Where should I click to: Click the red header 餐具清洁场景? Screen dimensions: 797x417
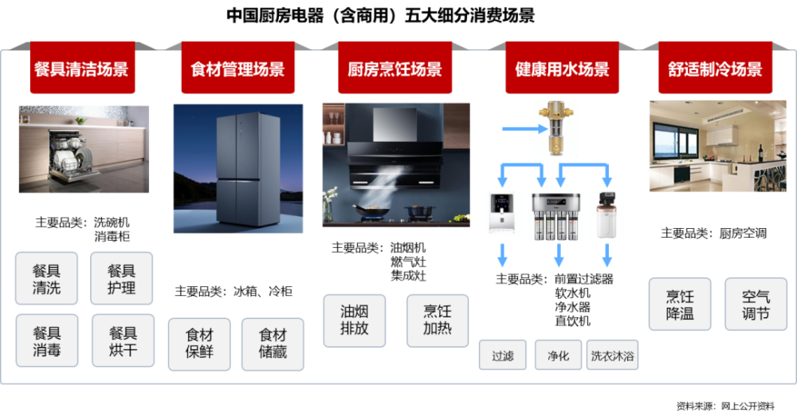pyautogui.click(x=82, y=68)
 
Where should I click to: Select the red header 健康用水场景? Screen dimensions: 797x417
pyautogui.click(x=562, y=68)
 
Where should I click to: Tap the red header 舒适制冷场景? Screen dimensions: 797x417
pyautogui.click(x=715, y=68)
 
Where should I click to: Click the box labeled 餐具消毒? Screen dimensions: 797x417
pyautogui.click(x=47, y=340)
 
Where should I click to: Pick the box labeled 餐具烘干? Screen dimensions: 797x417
pyautogui.click(x=123, y=340)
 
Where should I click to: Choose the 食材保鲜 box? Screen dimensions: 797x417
pyautogui.click(x=199, y=344)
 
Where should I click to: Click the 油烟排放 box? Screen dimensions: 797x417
pyautogui.click(x=355, y=321)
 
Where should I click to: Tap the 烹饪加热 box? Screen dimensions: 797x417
pyautogui.click(x=437, y=321)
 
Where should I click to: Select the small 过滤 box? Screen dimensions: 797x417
pyautogui.click(x=502, y=355)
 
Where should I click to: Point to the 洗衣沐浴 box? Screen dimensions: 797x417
pyautogui.click(x=612, y=355)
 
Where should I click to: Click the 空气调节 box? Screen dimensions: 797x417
pyautogui.click(x=756, y=304)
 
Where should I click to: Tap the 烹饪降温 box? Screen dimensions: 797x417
pyautogui.click(x=680, y=304)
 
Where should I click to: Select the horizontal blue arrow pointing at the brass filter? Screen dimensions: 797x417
pyautogui.click(x=524, y=129)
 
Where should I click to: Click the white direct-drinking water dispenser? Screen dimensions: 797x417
pyautogui.click(x=501, y=213)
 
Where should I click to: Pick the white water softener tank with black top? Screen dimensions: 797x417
pyautogui.click(x=607, y=214)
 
